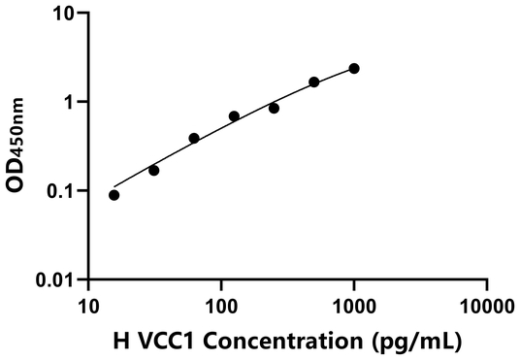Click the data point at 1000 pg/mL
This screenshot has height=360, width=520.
point(354,68)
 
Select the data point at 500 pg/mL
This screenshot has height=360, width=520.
point(314,82)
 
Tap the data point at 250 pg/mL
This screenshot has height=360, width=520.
point(275,108)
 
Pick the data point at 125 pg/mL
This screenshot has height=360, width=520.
point(234,116)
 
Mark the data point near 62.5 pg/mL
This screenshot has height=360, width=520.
point(194,138)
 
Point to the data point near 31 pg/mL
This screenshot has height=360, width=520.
point(154,170)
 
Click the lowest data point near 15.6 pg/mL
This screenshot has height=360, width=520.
point(114,195)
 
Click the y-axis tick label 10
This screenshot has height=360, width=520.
point(63,14)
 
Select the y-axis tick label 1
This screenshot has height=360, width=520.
point(68,102)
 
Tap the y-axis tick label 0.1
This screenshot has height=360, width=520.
point(60,190)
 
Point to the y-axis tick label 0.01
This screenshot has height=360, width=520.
point(55,279)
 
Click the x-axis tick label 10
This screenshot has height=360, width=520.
point(88,308)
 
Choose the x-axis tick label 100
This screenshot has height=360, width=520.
point(221,308)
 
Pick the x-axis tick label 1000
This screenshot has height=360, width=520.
point(354,308)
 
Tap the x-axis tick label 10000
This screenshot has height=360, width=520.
point(486,308)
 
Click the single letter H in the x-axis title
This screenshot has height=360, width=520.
point(120,342)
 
